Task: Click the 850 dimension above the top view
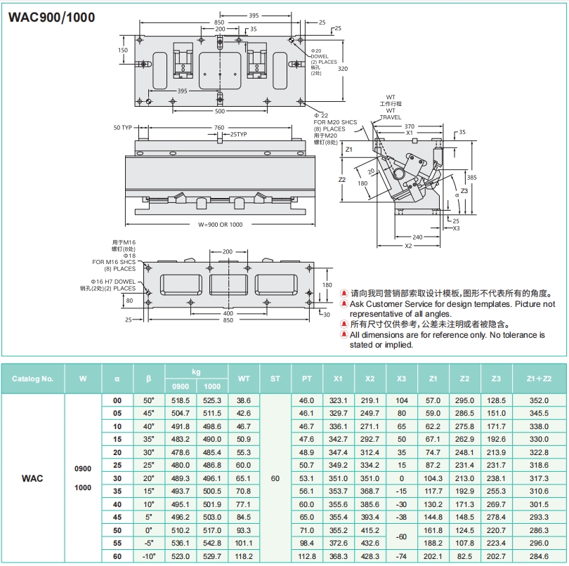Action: [219, 22]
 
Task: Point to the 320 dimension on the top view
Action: [343, 70]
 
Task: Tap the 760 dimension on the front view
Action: [219, 128]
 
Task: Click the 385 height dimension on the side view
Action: [472, 177]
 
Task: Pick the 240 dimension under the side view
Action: [417, 237]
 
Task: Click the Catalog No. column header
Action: [32, 379]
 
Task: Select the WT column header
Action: [243, 379]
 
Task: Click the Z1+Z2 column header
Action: [539, 379]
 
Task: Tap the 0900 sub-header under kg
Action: [181, 386]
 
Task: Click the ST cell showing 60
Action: [275, 478]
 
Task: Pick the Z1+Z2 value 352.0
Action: [539, 400]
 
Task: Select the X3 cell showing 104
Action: [402, 400]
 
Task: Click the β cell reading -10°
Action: [148, 557]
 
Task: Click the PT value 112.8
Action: [307, 557]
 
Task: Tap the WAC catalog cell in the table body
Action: [32, 478]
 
